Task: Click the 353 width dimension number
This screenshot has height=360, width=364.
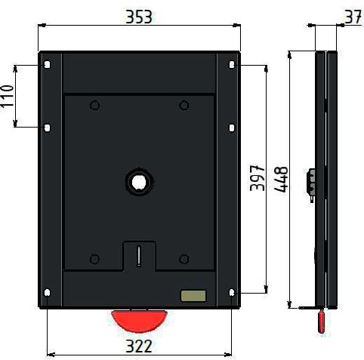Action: pyautogui.click(x=139, y=17)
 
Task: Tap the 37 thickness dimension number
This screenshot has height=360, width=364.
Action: pyautogui.click(x=353, y=17)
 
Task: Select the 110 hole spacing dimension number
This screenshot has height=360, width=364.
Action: pyautogui.click(x=7, y=96)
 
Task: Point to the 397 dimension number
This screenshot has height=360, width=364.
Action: pyautogui.click(x=258, y=178)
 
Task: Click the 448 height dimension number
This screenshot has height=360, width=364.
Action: pyautogui.click(x=281, y=179)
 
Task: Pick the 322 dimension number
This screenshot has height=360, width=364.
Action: pyautogui.click(x=139, y=346)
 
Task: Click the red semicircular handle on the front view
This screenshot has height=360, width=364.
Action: pyautogui.click(x=139, y=320)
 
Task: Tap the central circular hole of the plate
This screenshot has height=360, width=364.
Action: pyautogui.click(x=139, y=182)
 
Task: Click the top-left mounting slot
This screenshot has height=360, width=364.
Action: pyautogui.click(x=47, y=65)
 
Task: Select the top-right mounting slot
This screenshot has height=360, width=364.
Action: pyautogui.click(x=232, y=65)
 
